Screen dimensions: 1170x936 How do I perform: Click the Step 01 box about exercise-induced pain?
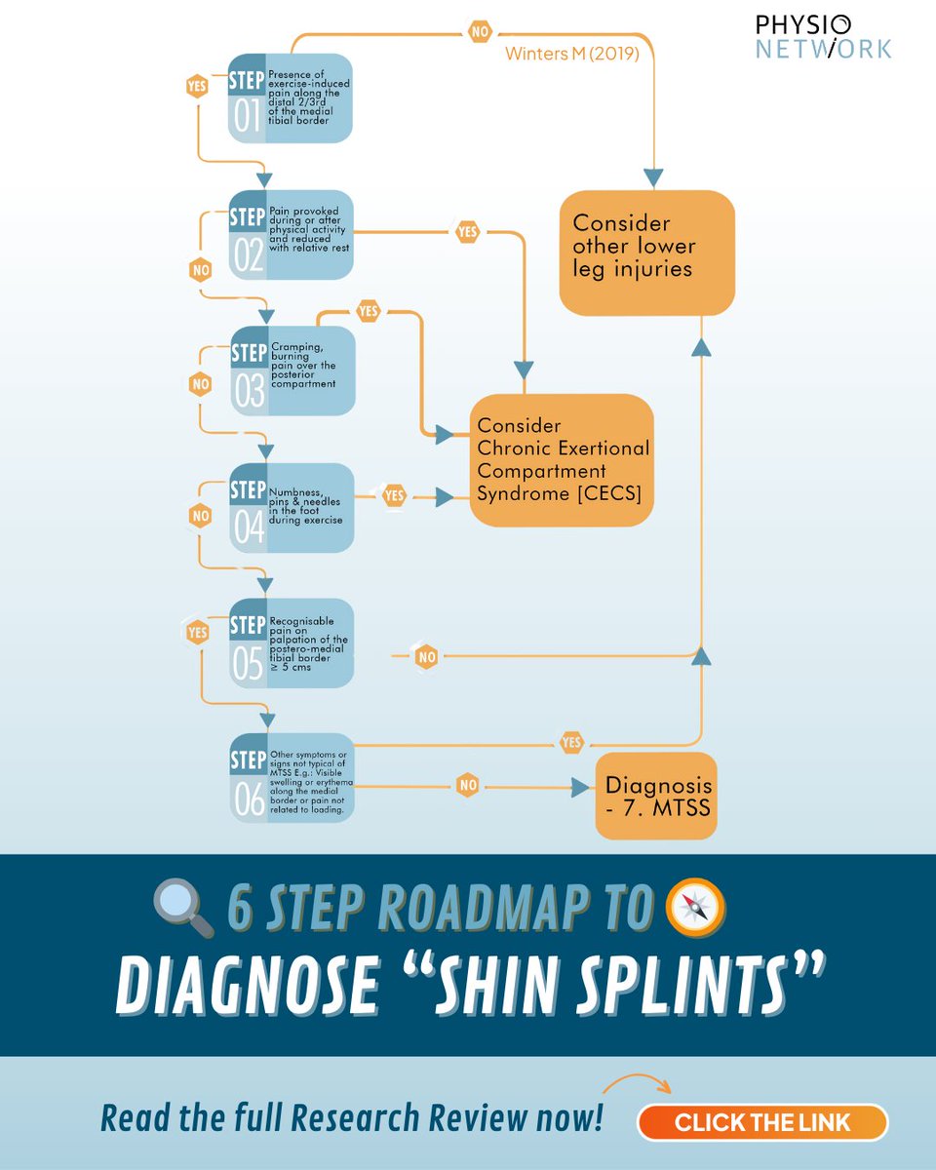[290, 98]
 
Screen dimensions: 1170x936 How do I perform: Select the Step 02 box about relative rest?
[291, 235]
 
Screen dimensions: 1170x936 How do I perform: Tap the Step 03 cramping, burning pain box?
[292, 370]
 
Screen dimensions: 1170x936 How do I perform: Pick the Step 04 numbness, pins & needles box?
[291, 507]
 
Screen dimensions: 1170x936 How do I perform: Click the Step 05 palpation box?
[291, 643]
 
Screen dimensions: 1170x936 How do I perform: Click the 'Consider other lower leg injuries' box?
[646, 252]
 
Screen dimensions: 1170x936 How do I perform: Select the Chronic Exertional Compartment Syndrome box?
[562, 460]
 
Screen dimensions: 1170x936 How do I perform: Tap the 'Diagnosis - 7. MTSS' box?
[656, 796]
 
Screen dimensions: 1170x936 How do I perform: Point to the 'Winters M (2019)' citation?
[571, 54]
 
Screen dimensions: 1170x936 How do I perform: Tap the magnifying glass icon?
[183, 908]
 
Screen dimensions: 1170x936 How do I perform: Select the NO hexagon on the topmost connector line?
[480, 32]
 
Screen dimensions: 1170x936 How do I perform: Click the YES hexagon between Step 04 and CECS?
[394, 496]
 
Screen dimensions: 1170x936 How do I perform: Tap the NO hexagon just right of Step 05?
[426, 657]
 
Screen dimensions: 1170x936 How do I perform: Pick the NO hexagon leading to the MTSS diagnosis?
[468, 784]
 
